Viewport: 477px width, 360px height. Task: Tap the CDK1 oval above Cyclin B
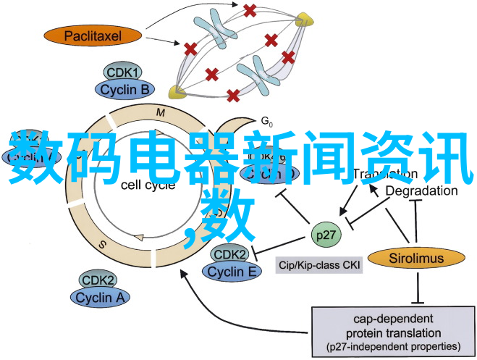(x=124, y=72)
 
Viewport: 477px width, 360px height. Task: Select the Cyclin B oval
(x=124, y=89)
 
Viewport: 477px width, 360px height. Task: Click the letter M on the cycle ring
(x=161, y=112)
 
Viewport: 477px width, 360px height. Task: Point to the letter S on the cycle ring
(x=102, y=245)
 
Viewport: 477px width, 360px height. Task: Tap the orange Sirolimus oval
(x=415, y=257)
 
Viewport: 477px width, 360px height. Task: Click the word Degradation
(x=421, y=191)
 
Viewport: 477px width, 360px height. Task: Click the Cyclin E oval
(x=232, y=271)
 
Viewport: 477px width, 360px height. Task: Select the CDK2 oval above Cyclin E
(x=230, y=255)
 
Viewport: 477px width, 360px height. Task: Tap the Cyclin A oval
(x=100, y=297)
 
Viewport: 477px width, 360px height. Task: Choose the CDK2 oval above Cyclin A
(x=99, y=280)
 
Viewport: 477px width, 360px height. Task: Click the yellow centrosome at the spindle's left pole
(x=175, y=91)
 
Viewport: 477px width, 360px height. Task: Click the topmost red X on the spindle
(x=250, y=11)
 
